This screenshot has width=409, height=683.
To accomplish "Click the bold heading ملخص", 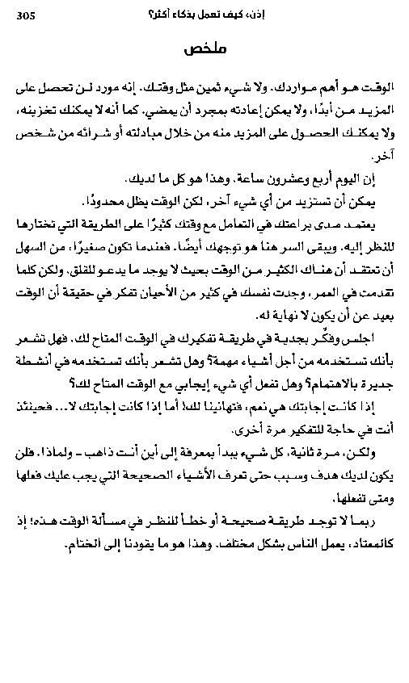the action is click(x=204, y=49).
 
